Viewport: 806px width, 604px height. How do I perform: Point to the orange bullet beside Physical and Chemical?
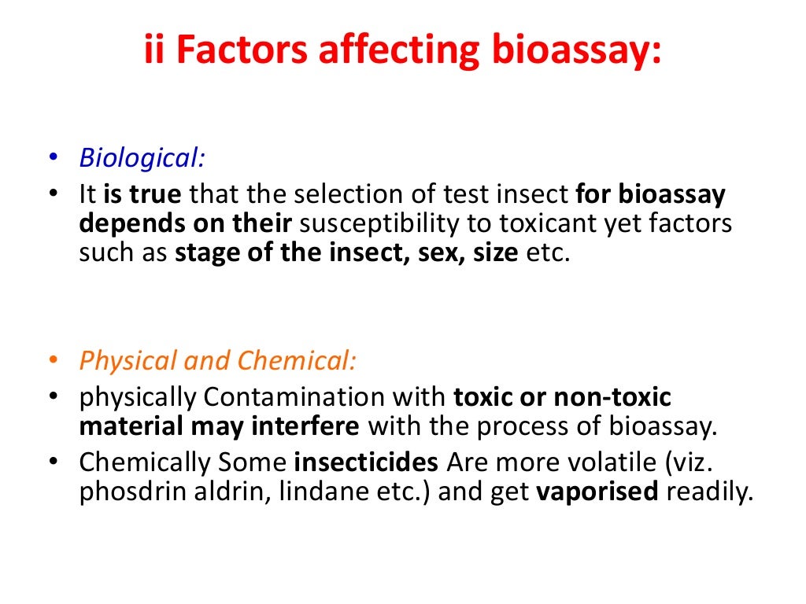click(x=53, y=362)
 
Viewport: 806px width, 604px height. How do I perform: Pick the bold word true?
click(x=154, y=193)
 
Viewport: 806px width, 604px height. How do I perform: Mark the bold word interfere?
click(x=305, y=427)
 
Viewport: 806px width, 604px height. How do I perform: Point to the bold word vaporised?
click(x=597, y=493)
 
